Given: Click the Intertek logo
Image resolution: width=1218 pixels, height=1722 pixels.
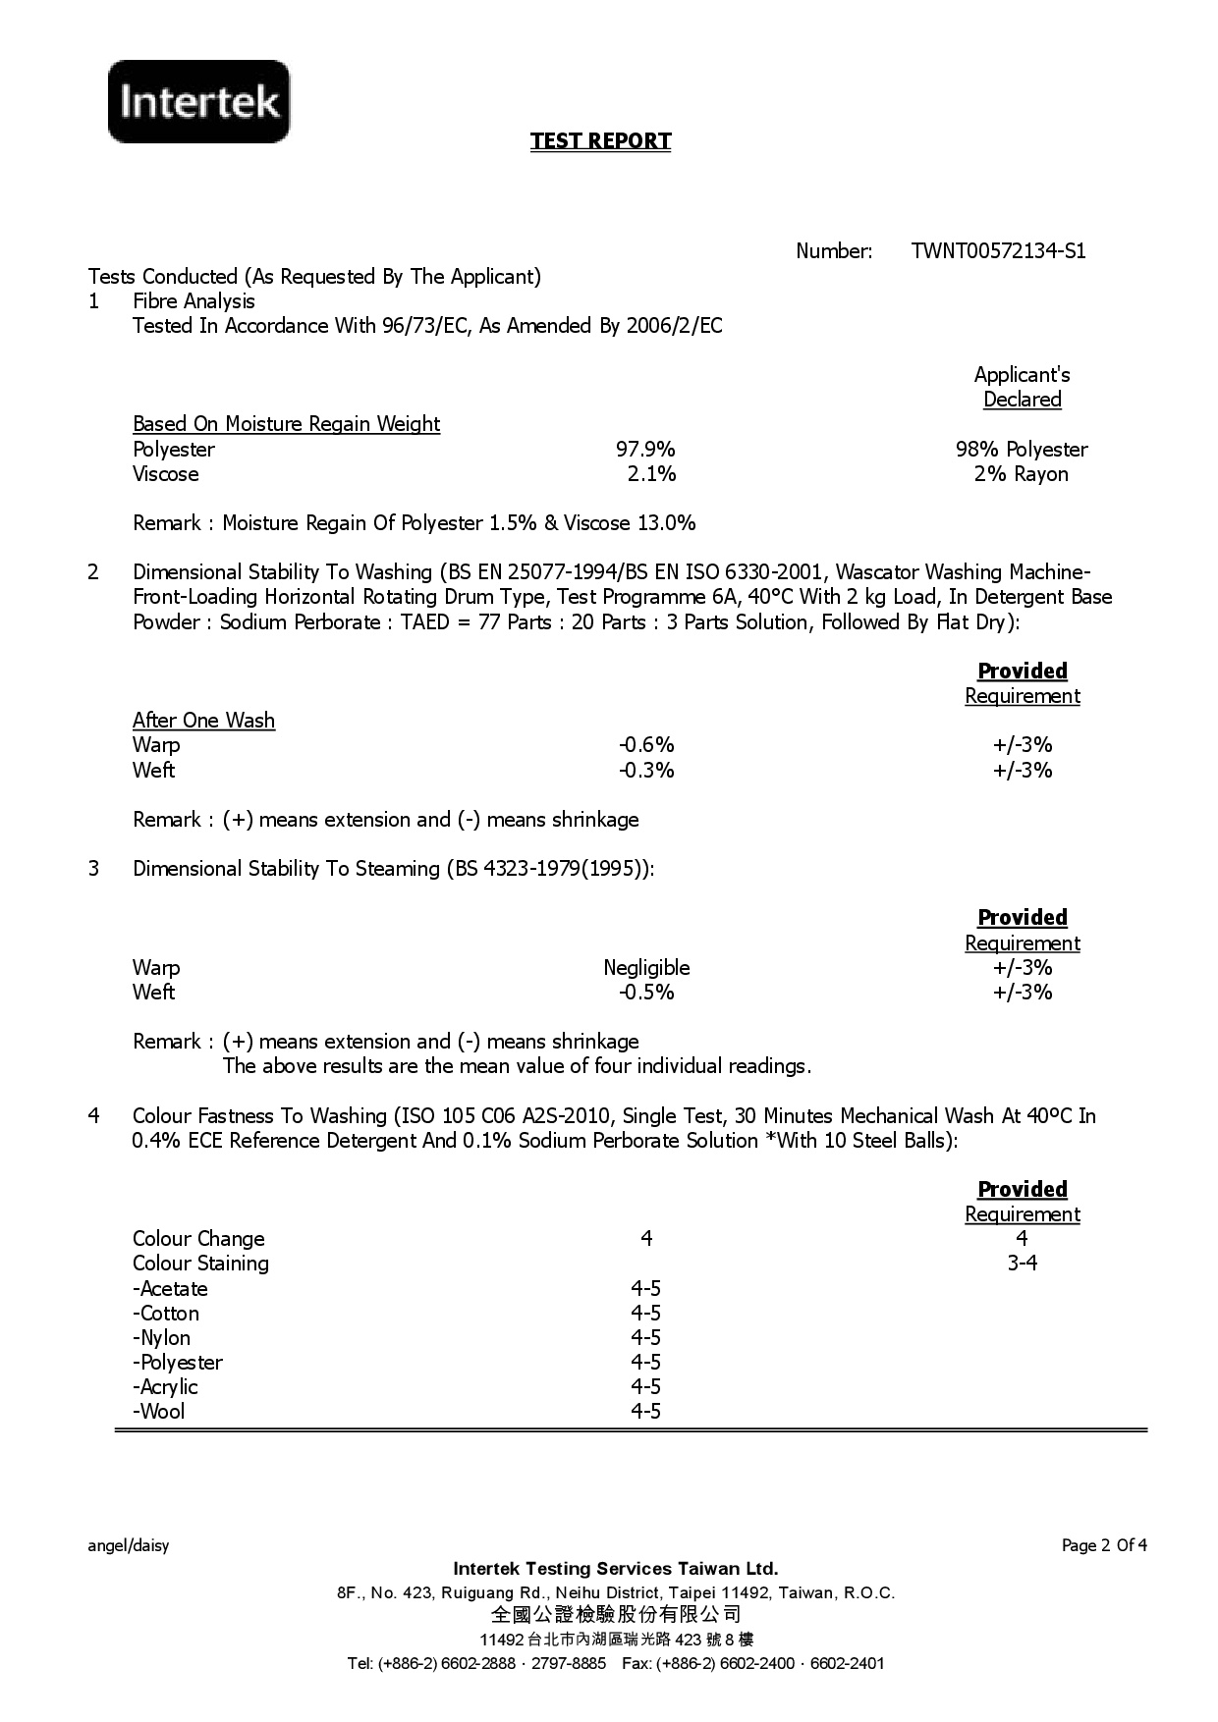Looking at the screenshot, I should coord(199,101).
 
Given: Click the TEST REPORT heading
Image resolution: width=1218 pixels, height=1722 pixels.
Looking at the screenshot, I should coord(600,141).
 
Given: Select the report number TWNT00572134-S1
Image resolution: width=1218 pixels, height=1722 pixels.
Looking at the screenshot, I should coord(998,251).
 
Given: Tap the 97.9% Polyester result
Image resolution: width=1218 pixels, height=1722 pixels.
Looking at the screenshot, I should coord(645,450).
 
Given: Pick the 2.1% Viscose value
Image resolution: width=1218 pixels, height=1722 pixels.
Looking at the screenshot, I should coord(651,474).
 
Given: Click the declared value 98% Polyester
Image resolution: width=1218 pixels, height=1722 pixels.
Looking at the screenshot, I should coord(1022,450).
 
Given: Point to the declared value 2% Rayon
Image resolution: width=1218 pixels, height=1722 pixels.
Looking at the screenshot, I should coord(1022,474).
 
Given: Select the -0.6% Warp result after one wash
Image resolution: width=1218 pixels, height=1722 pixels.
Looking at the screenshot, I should coord(645,745).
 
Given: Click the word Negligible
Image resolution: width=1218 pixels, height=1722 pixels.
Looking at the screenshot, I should coord(646,968).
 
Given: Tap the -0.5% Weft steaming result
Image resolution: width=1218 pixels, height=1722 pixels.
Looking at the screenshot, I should coord(645,993).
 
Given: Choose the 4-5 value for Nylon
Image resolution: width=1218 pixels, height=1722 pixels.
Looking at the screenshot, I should coord(645,1338).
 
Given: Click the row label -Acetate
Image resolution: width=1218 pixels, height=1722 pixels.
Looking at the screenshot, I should coord(170,1289).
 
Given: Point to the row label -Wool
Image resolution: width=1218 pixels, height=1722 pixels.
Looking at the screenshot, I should coord(158,1412).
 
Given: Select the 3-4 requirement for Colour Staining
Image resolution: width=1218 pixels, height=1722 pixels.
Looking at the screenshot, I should coord(1022,1264).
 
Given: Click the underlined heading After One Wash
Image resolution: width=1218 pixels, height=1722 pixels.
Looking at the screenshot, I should coord(203,721).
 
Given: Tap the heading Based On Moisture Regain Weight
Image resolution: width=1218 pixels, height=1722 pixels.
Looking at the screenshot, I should coord(286,424).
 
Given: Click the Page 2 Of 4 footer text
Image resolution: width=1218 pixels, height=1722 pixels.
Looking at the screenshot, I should coord(1104,1546).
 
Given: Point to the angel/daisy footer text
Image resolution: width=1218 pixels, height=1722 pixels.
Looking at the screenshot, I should coord(129,1546).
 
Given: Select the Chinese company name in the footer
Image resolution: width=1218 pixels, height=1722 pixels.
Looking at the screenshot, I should coord(616,1615).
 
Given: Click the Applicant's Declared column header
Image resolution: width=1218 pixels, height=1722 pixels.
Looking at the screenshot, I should coord(1022,387).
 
